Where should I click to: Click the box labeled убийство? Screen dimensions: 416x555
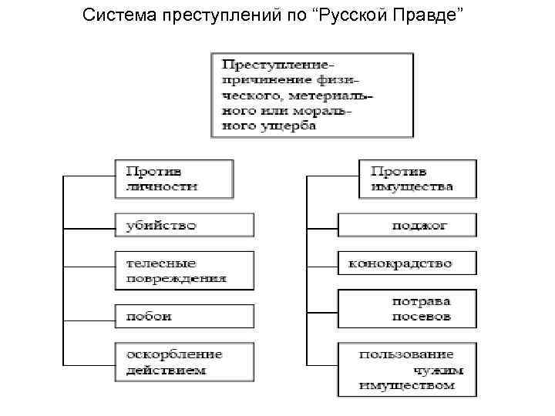(183, 225)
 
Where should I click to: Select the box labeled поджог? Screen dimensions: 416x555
(407, 225)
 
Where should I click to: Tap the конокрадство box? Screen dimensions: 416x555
(407, 263)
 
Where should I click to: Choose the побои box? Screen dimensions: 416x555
(183, 316)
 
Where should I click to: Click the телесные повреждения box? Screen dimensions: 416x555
(183, 270)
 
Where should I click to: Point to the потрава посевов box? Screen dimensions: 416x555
(407, 308)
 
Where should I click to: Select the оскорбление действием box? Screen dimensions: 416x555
(183, 362)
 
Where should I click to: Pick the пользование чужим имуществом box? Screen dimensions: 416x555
(407, 369)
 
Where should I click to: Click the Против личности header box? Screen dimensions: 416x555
(174, 179)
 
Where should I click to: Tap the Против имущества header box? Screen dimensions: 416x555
(417, 179)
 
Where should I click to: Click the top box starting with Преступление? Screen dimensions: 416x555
(311, 94)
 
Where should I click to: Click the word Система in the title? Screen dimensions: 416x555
(119, 16)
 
